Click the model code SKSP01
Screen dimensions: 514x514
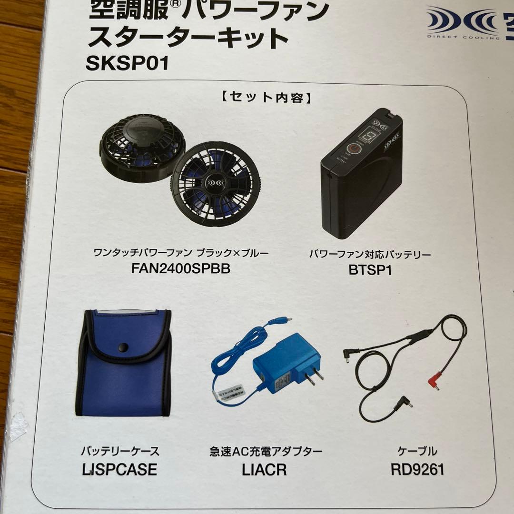[127, 63]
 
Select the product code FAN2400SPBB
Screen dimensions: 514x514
[180, 269]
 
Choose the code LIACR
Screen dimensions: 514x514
[264, 470]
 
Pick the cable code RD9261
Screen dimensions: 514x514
[417, 470]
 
